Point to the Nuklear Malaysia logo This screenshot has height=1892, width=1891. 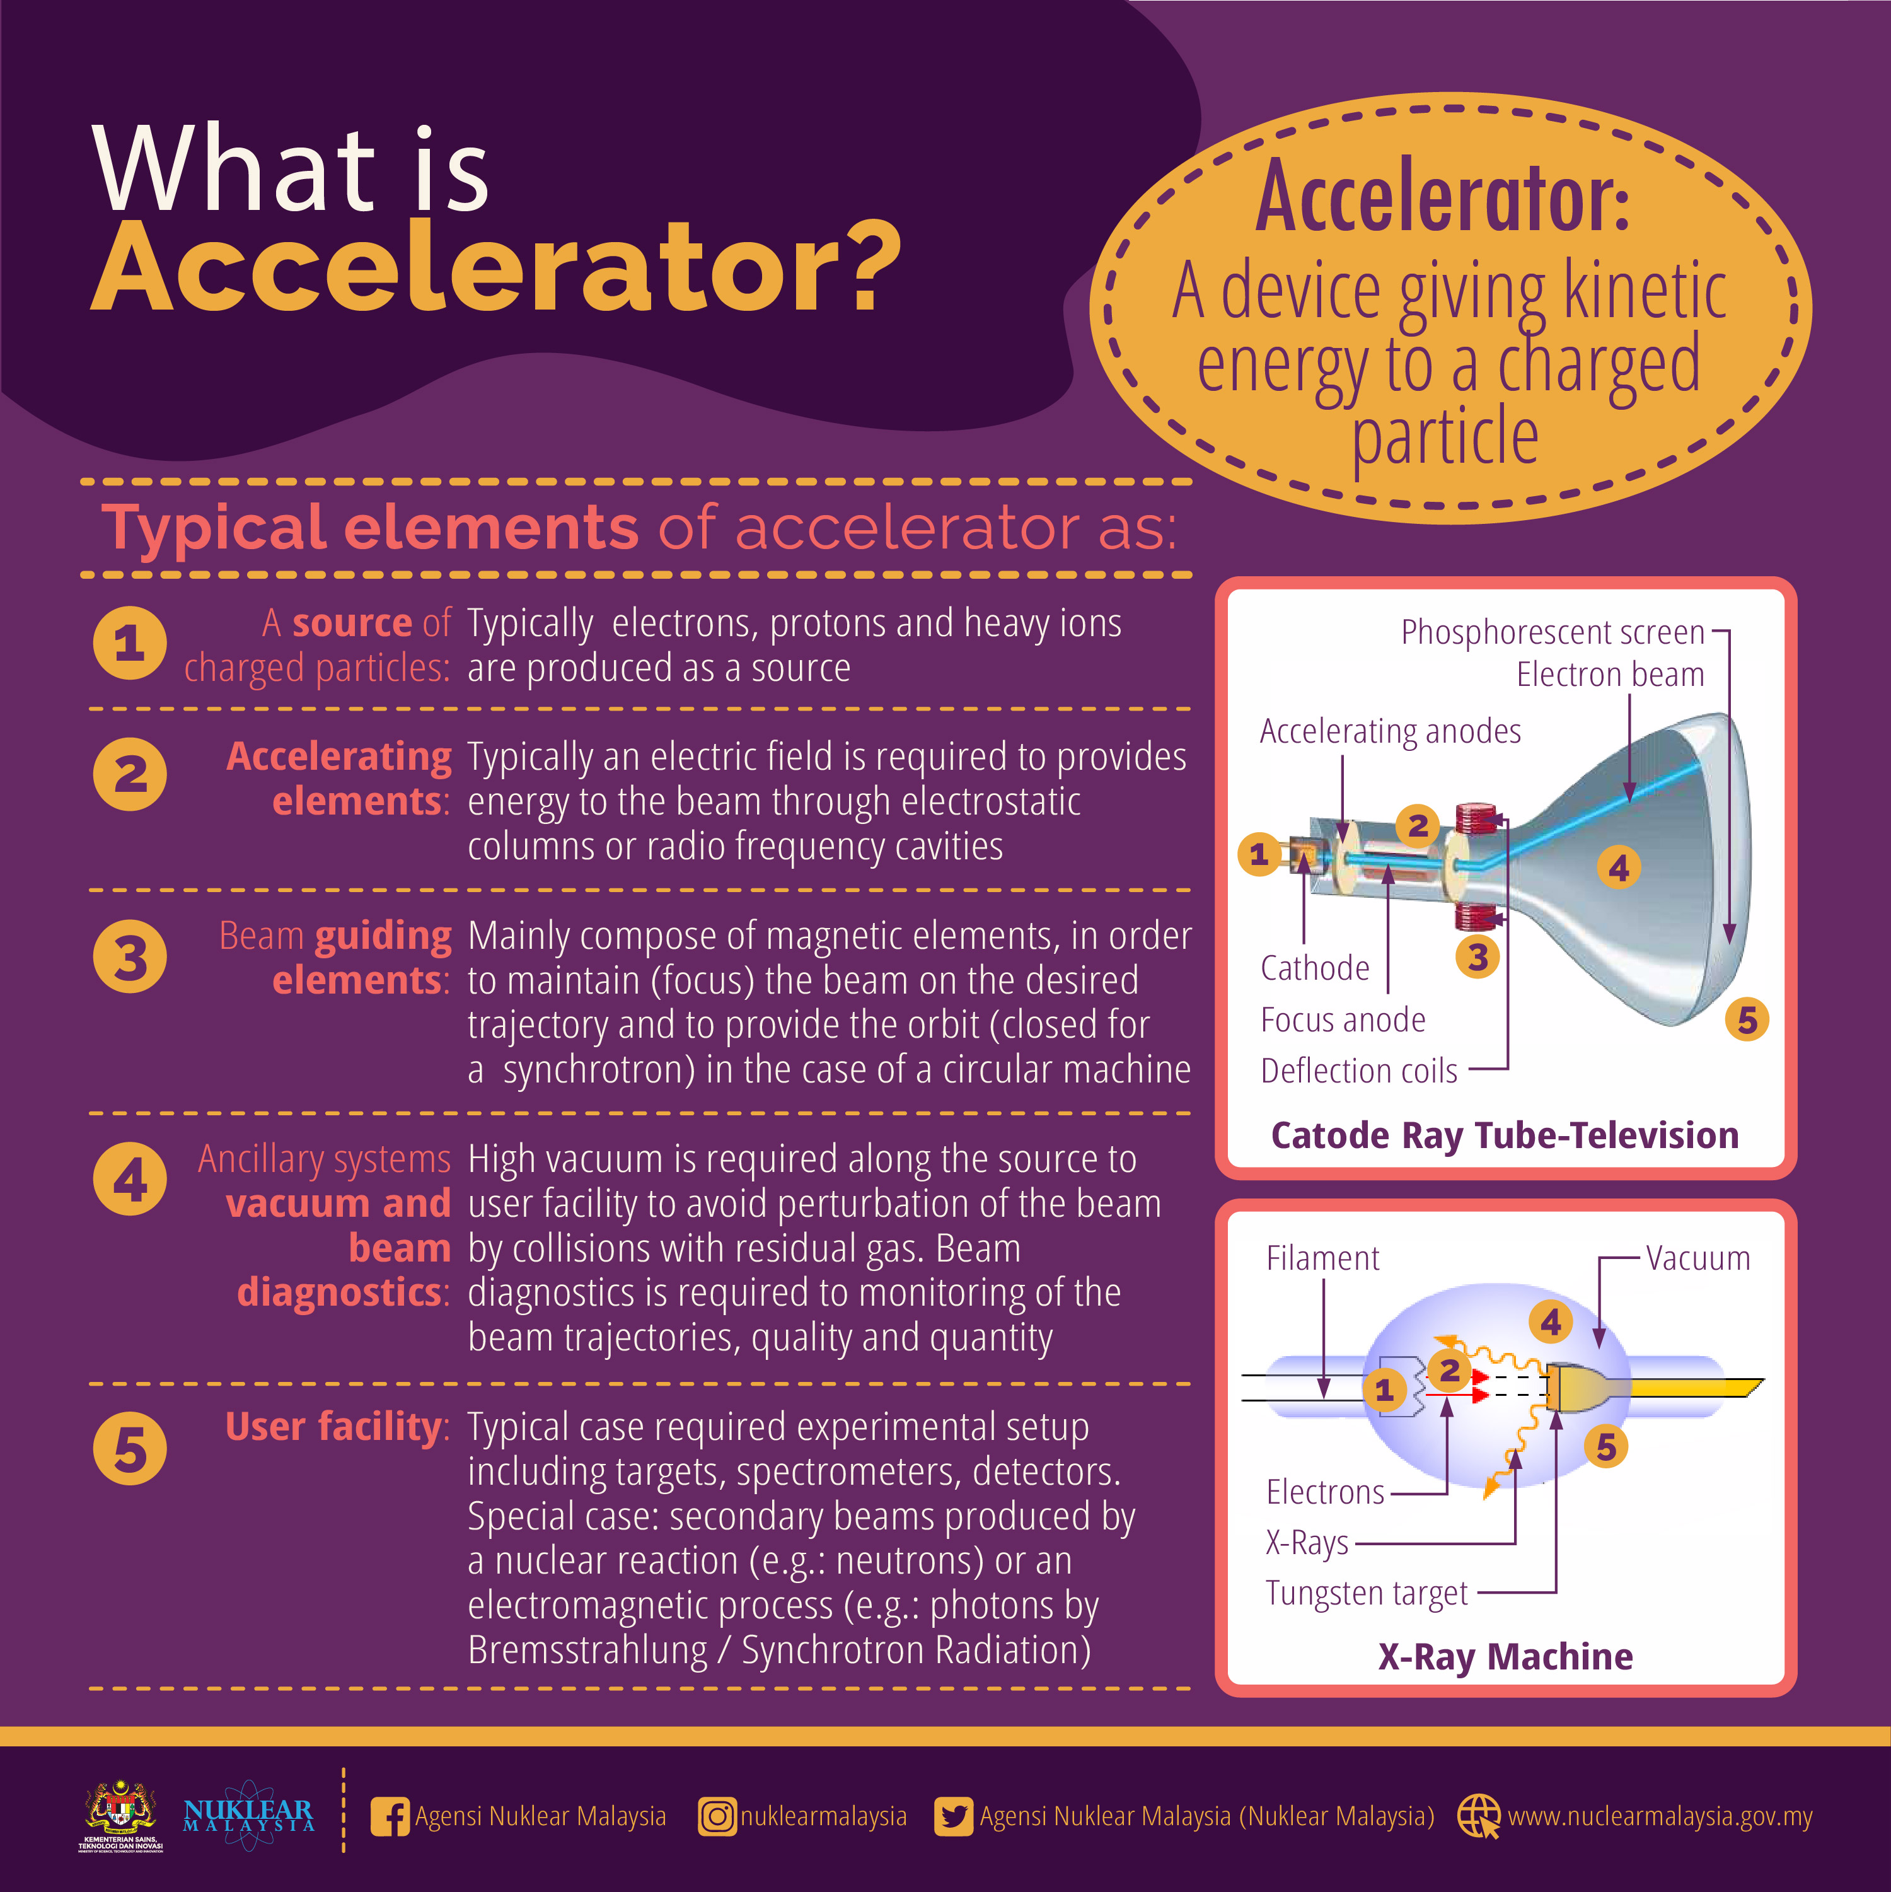[249, 1816]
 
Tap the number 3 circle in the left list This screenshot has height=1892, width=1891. [130, 957]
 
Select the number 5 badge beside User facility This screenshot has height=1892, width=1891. [130, 1448]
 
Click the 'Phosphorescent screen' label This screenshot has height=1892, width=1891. [1553, 632]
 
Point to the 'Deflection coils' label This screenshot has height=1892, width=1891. [1359, 1071]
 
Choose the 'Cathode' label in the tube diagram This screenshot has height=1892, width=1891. [1315, 968]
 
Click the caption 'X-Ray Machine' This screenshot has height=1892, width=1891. [1506, 1657]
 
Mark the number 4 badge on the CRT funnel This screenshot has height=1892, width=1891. [1619, 868]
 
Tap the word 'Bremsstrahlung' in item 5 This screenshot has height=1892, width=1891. [587, 1650]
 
